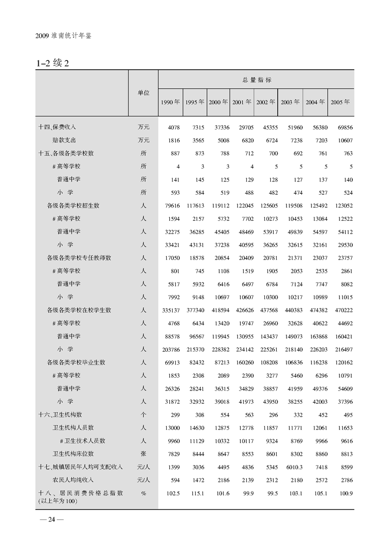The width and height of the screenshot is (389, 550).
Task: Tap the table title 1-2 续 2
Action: (54, 63)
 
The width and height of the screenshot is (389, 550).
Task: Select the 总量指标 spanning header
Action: (257, 79)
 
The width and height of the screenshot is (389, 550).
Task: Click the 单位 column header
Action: (143, 92)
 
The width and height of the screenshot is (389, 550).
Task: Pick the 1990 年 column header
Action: (170, 102)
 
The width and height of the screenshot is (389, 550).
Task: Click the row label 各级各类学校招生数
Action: (73, 206)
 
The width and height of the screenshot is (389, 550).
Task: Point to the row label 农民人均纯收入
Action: (73, 480)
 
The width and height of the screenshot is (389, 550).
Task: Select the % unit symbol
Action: (143, 493)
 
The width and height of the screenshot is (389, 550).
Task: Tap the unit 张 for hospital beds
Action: (143, 454)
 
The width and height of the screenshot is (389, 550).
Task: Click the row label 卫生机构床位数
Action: (73, 454)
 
